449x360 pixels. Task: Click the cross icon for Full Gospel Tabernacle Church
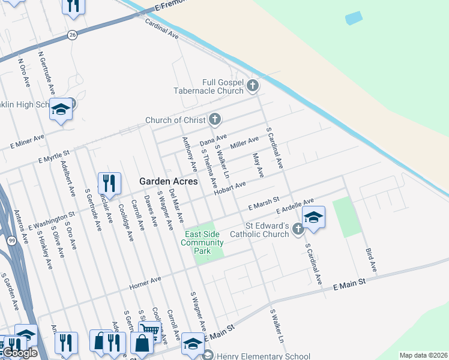point(253,86)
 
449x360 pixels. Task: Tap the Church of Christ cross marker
point(214,119)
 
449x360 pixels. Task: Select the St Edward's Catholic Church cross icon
point(298,229)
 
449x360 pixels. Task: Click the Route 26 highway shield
point(72,35)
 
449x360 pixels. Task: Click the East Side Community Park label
point(204,242)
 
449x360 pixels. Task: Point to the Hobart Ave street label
point(231,188)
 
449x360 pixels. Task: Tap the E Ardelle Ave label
point(295,206)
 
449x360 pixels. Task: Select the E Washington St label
point(51,220)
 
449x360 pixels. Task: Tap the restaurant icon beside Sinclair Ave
point(109,182)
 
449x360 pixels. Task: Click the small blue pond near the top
point(354,18)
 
